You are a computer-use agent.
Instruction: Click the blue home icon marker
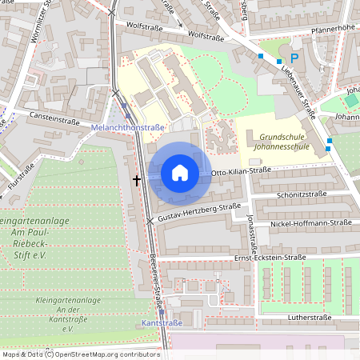pyautogui.click(x=180, y=172)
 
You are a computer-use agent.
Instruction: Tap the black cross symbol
pyautogui.click(x=137, y=181)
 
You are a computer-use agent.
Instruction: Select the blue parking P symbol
pyautogui.click(x=294, y=58)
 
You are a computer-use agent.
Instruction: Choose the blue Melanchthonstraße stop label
pyautogui.click(x=128, y=127)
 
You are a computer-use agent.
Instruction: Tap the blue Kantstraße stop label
pyautogui.click(x=161, y=323)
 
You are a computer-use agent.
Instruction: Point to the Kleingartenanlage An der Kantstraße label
pyautogui.click(x=67, y=319)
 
